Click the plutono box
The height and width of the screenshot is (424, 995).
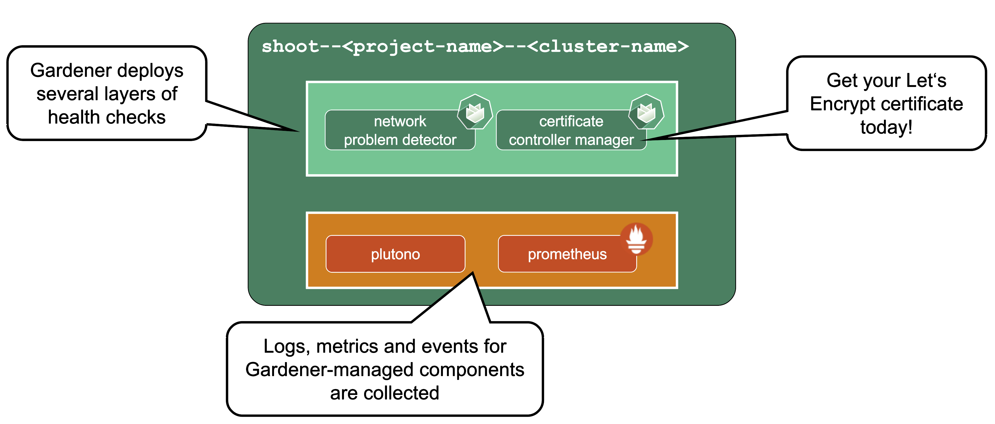click(x=395, y=254)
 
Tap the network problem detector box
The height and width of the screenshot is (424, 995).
click(x=400, y=130)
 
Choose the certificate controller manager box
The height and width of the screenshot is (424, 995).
click(x=571, y=130)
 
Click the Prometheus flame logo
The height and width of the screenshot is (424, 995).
click(x=636, y=239)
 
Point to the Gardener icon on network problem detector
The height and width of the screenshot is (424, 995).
click(x=475, y=112)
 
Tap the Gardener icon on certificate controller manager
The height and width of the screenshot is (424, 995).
click(x=646, y=112)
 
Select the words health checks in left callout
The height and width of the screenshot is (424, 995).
click(x=106, y=117)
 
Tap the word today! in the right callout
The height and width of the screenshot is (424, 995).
click(x=886, y=127)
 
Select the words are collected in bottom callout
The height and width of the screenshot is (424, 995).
click(x=384, y=393)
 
